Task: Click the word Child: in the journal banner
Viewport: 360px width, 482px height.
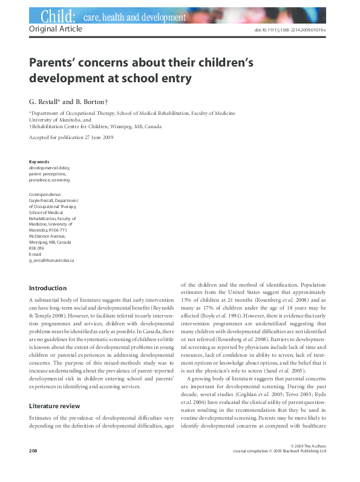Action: point(57,16)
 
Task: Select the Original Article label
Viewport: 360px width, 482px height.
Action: point(54,29)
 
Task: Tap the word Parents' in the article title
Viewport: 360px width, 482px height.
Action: point(56,62)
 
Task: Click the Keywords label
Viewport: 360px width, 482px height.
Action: point(39,162)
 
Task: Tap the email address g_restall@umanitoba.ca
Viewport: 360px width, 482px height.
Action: point(51,260)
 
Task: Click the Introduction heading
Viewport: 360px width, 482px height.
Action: point(48,288)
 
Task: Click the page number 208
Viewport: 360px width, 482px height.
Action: point(34,467)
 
